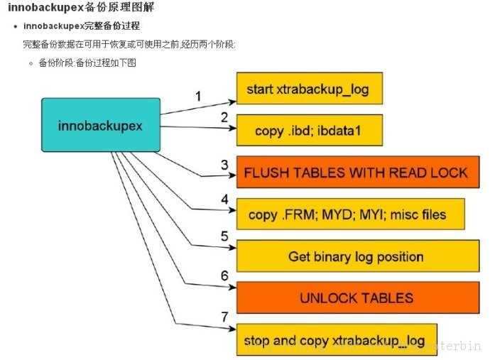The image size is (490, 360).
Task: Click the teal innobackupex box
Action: pyautogui.click(x=101, y=125)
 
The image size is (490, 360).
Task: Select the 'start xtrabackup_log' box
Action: pyautogui.click(x=310, y=89)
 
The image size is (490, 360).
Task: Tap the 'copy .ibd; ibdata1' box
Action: pyautogui.click(x=310, y=131)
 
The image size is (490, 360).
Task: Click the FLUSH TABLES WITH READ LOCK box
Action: pyautogui.click(x=358, y=172)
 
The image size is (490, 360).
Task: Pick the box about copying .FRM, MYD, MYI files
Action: pyautogui.click(x=351, y=214)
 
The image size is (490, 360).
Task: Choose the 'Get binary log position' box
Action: pyautogui.click(x=358, y=256)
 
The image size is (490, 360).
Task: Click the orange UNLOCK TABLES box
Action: pyautogui.click(x=358, y=298)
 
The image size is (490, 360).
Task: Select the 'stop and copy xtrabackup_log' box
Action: pyautogui.click(x=337, y=339)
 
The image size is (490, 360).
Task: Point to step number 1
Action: pyautogui.click(x=198, y=97)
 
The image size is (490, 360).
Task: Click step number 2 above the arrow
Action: pyautogui.click(x=224, y=117)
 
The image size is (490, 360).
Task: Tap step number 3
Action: pyautogui.click(x=224, y=165)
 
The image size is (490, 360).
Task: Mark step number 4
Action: pyautogui.click(x=224, y=200)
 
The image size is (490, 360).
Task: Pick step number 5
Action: pyautogui.click(x=224, y=236)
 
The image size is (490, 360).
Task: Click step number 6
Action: pyautogui.click(x=224, y=276)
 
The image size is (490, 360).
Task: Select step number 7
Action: pyautogui.click(x=224, y=317)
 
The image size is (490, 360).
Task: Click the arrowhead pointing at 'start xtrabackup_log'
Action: pyautogui.click(x=232, y=102)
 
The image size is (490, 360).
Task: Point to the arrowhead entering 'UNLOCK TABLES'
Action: pyautogui.click(x=232, y=287)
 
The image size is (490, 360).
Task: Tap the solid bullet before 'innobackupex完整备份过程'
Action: pyautogui.click(x=16, y=26)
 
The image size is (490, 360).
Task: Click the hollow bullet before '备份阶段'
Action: pyautogui.click(x=31, y=63)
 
